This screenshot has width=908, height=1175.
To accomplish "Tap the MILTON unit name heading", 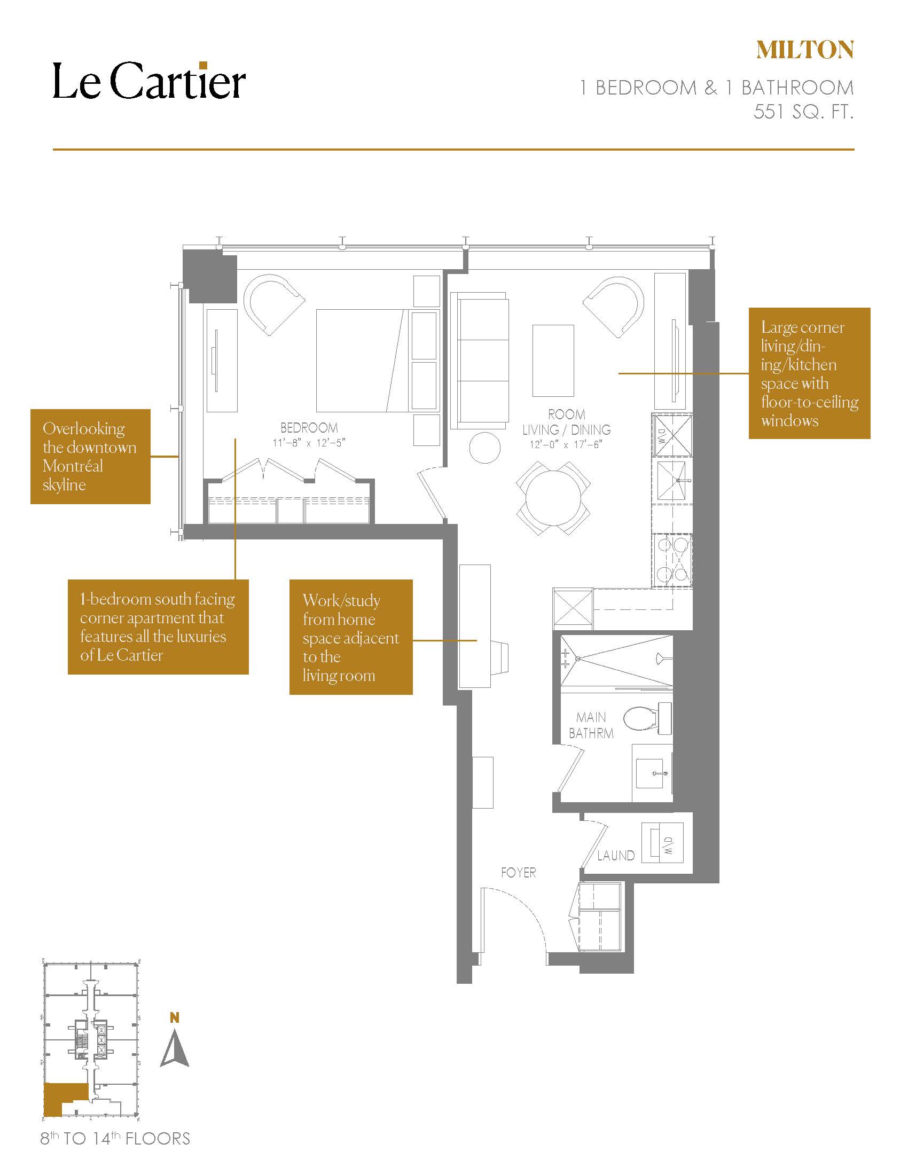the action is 805,50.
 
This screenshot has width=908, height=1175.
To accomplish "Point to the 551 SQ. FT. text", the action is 803,112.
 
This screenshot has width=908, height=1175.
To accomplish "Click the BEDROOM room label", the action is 309,428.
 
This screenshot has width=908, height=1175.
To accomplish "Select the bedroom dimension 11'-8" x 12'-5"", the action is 309,443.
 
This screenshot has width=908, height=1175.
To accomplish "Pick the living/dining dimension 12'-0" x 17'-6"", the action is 566,444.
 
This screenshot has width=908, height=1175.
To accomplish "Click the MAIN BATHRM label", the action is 591,725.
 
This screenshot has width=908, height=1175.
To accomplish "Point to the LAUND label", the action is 616,856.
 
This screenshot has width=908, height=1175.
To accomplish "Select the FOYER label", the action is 519,873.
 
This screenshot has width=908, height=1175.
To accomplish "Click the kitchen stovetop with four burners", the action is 672,560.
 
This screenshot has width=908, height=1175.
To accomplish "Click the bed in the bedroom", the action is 360,361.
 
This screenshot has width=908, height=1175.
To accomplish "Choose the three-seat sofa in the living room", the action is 480,361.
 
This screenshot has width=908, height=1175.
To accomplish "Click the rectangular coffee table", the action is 553,361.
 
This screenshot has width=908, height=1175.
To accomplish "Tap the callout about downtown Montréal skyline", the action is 90,456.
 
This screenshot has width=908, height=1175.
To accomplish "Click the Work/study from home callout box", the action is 351,637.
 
